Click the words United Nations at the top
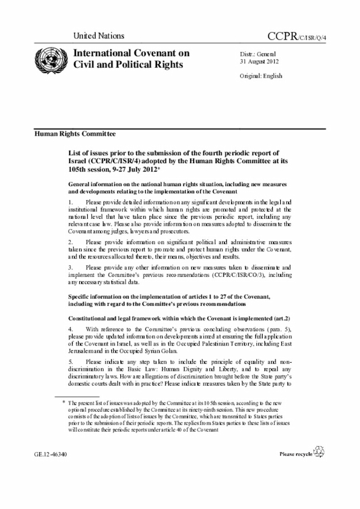(x=98, y=36)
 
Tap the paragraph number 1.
(x=70, y=201)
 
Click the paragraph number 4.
(x=70, y=328)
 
